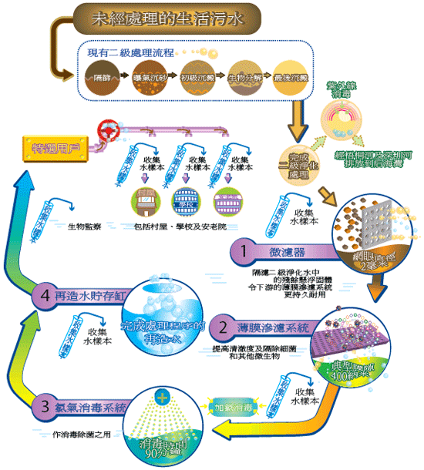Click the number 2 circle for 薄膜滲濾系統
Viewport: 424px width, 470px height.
click(x=223, y=327)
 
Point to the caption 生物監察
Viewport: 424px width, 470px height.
click(x=84, y=227)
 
